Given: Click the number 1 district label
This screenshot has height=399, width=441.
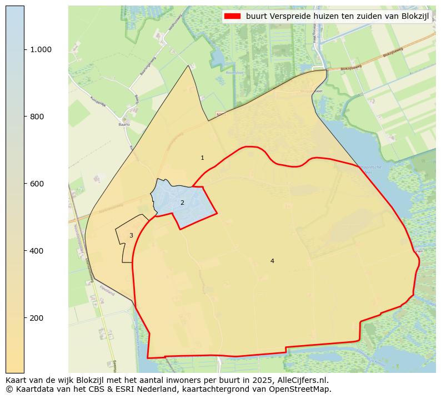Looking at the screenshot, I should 202,158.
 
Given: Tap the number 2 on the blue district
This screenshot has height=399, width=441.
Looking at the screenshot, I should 182,203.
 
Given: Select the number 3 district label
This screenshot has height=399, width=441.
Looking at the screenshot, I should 131,236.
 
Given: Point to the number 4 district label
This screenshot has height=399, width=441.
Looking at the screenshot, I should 272,261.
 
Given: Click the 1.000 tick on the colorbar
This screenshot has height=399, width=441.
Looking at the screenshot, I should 41,49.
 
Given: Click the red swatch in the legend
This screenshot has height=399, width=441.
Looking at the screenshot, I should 232,16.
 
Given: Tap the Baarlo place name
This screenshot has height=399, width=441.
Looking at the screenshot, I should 124,125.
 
